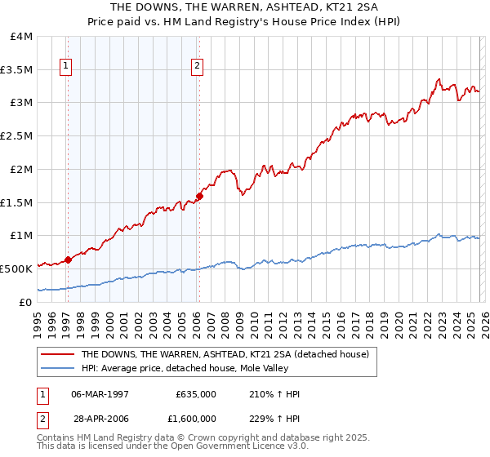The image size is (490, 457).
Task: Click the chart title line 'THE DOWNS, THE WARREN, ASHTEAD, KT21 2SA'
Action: pyautogui.click(x=245, y=7)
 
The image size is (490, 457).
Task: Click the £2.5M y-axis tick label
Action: pyautogui.click(x=16, y=136)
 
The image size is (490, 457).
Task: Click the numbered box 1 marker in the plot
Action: pyautogui.click(x=65, y=68)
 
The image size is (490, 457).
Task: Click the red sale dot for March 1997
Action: pyautogui.click(x=68, y=260)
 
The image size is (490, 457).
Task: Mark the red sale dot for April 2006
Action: pyautogui.click(x=199, y=196)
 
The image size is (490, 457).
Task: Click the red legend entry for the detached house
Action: pyautogui.click(x=225, y=354)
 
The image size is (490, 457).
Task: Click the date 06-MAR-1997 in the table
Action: pyautogui.click(x=100, y=394)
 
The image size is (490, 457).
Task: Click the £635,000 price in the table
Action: pyautogui.click(x=196, y=394)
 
